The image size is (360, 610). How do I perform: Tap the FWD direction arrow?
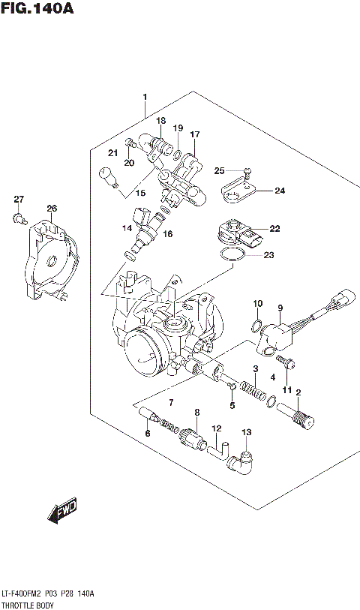tap(62, 510)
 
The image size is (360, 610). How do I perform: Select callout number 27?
tap(19, 200)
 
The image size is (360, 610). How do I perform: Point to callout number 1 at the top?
tap(145, 97)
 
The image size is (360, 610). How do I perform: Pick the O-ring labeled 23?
tap(233, 257)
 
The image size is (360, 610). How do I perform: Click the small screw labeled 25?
tap(248, 171)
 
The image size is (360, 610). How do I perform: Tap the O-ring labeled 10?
tap(255, 326)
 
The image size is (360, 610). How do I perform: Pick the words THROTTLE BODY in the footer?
tap(26, 602)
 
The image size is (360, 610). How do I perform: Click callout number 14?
tap(127, 228)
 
